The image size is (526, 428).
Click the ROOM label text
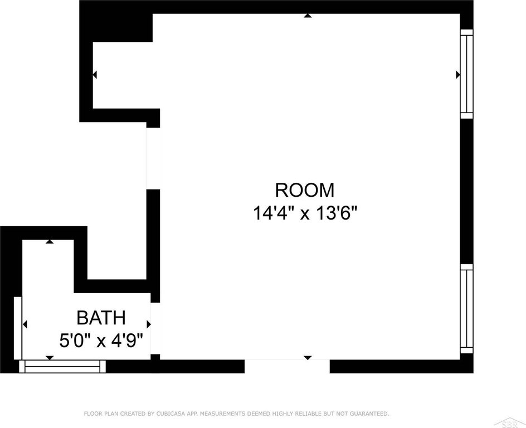pyautogui.click(x=305, y=190)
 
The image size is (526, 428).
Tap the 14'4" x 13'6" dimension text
pyautogui.click(x=305, y=213)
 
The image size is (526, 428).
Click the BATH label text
pyautogui.click(x=101, y=318)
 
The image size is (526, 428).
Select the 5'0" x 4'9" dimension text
pyautogui.click(x=101, y=341)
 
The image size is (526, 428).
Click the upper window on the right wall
pyautogui.click(x=466, y=74)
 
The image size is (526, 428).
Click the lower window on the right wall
pyautogui.click(x=466, y=309)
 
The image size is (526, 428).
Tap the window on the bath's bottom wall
pyautogui.click(x=62, y=366)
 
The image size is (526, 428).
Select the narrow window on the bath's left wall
pyautogui.click(x=18, y=328)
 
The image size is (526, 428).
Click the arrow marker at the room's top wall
pyautogui.click(x=308, y=16)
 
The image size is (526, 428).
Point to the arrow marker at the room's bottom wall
pyautogui.click(x=308, y=358)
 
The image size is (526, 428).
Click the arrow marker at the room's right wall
pyautogui.click(x=457, y=75)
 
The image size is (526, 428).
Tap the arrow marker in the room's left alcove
pyautogui.click(x=95, y=75)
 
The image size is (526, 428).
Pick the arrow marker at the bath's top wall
pyautogui.click(x=50, y=241)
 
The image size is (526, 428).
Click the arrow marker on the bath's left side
pyautogui.click(x=25, y=324)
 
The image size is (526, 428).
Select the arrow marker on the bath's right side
pyautogui.click(x=149, y=324)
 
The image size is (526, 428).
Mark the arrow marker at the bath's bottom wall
pyautogui.click(x=50, y=358)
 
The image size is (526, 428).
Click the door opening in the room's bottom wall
pyautogui.click(x=287, y=366)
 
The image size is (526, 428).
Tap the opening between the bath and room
pyautogui.click(x=155, y=328)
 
